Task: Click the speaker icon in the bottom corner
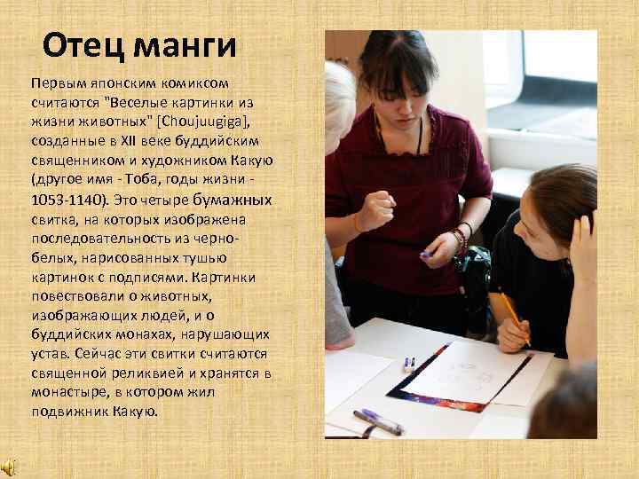pos(8,467)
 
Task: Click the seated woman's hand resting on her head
pos(582,239)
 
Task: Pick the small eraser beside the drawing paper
pos(408,363)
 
